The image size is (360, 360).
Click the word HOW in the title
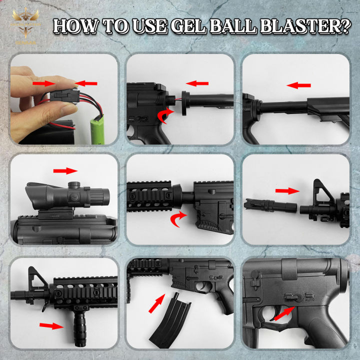tap(76, 26)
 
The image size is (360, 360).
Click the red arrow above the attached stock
tap(299, 85)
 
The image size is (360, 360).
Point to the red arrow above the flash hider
tap(287, 190)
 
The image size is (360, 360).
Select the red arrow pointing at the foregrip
tap(51, 325)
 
